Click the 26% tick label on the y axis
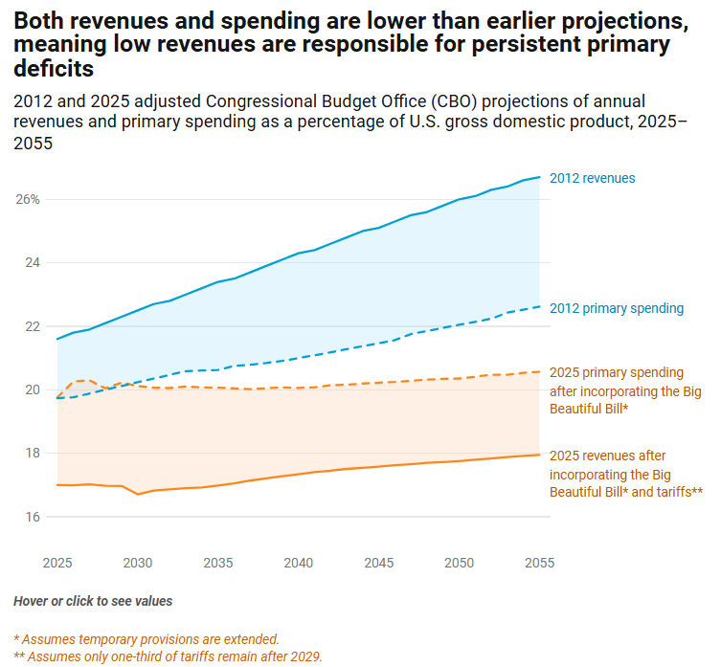[27, 199]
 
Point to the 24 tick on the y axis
[32, 262]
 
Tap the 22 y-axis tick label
[32, 326]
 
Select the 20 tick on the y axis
[32, 389]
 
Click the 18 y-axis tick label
[32, 454]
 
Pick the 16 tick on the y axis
[32, 517]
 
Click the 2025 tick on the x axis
[57, 563]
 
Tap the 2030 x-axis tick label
[138, 563]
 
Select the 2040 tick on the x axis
[299, 563]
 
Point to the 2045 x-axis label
[379, 563]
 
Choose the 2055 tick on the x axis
[540, 563]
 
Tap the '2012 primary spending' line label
[616, 308]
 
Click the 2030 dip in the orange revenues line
[138, 494]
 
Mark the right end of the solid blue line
[540, 177]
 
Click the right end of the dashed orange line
[540, 371]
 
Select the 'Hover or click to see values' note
[93, 601]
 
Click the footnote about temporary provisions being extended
[146, 638]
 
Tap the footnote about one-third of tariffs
[168, 656]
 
